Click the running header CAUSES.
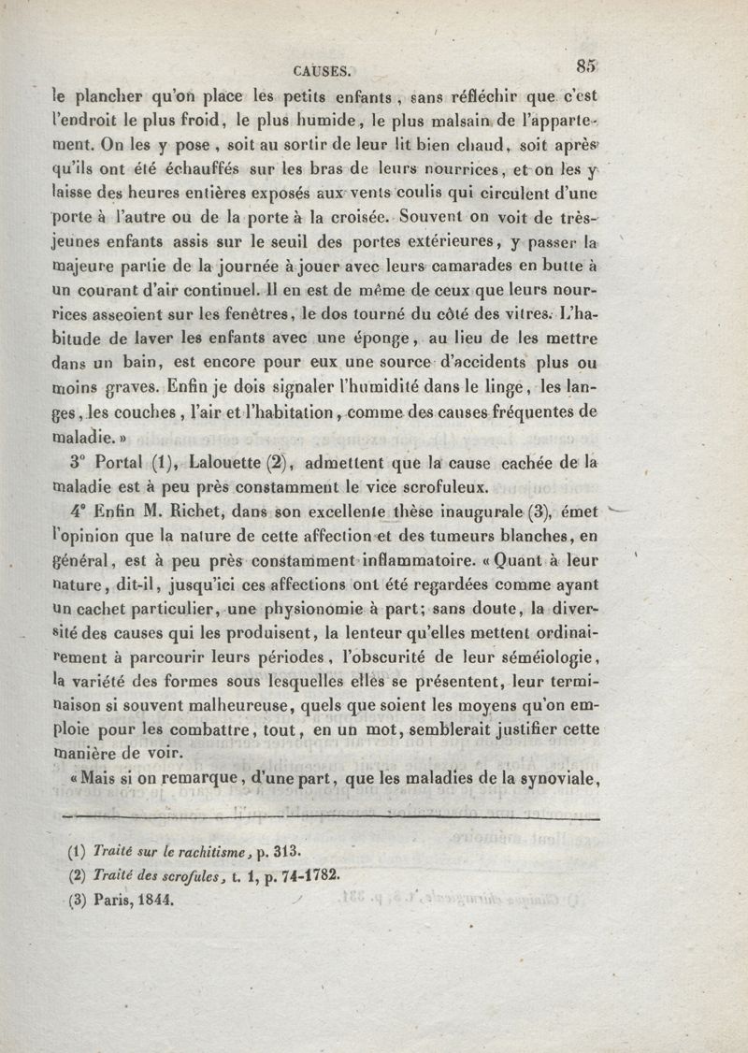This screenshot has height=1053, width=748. pyautogui.click(x=322, y=67)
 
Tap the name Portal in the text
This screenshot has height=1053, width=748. pyautogui.click(x=119, y=459)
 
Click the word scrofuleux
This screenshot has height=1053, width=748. pyautogui.click(x=443, y=484)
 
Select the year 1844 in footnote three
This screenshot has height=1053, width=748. pyautogui.click(x=154, y=903)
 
